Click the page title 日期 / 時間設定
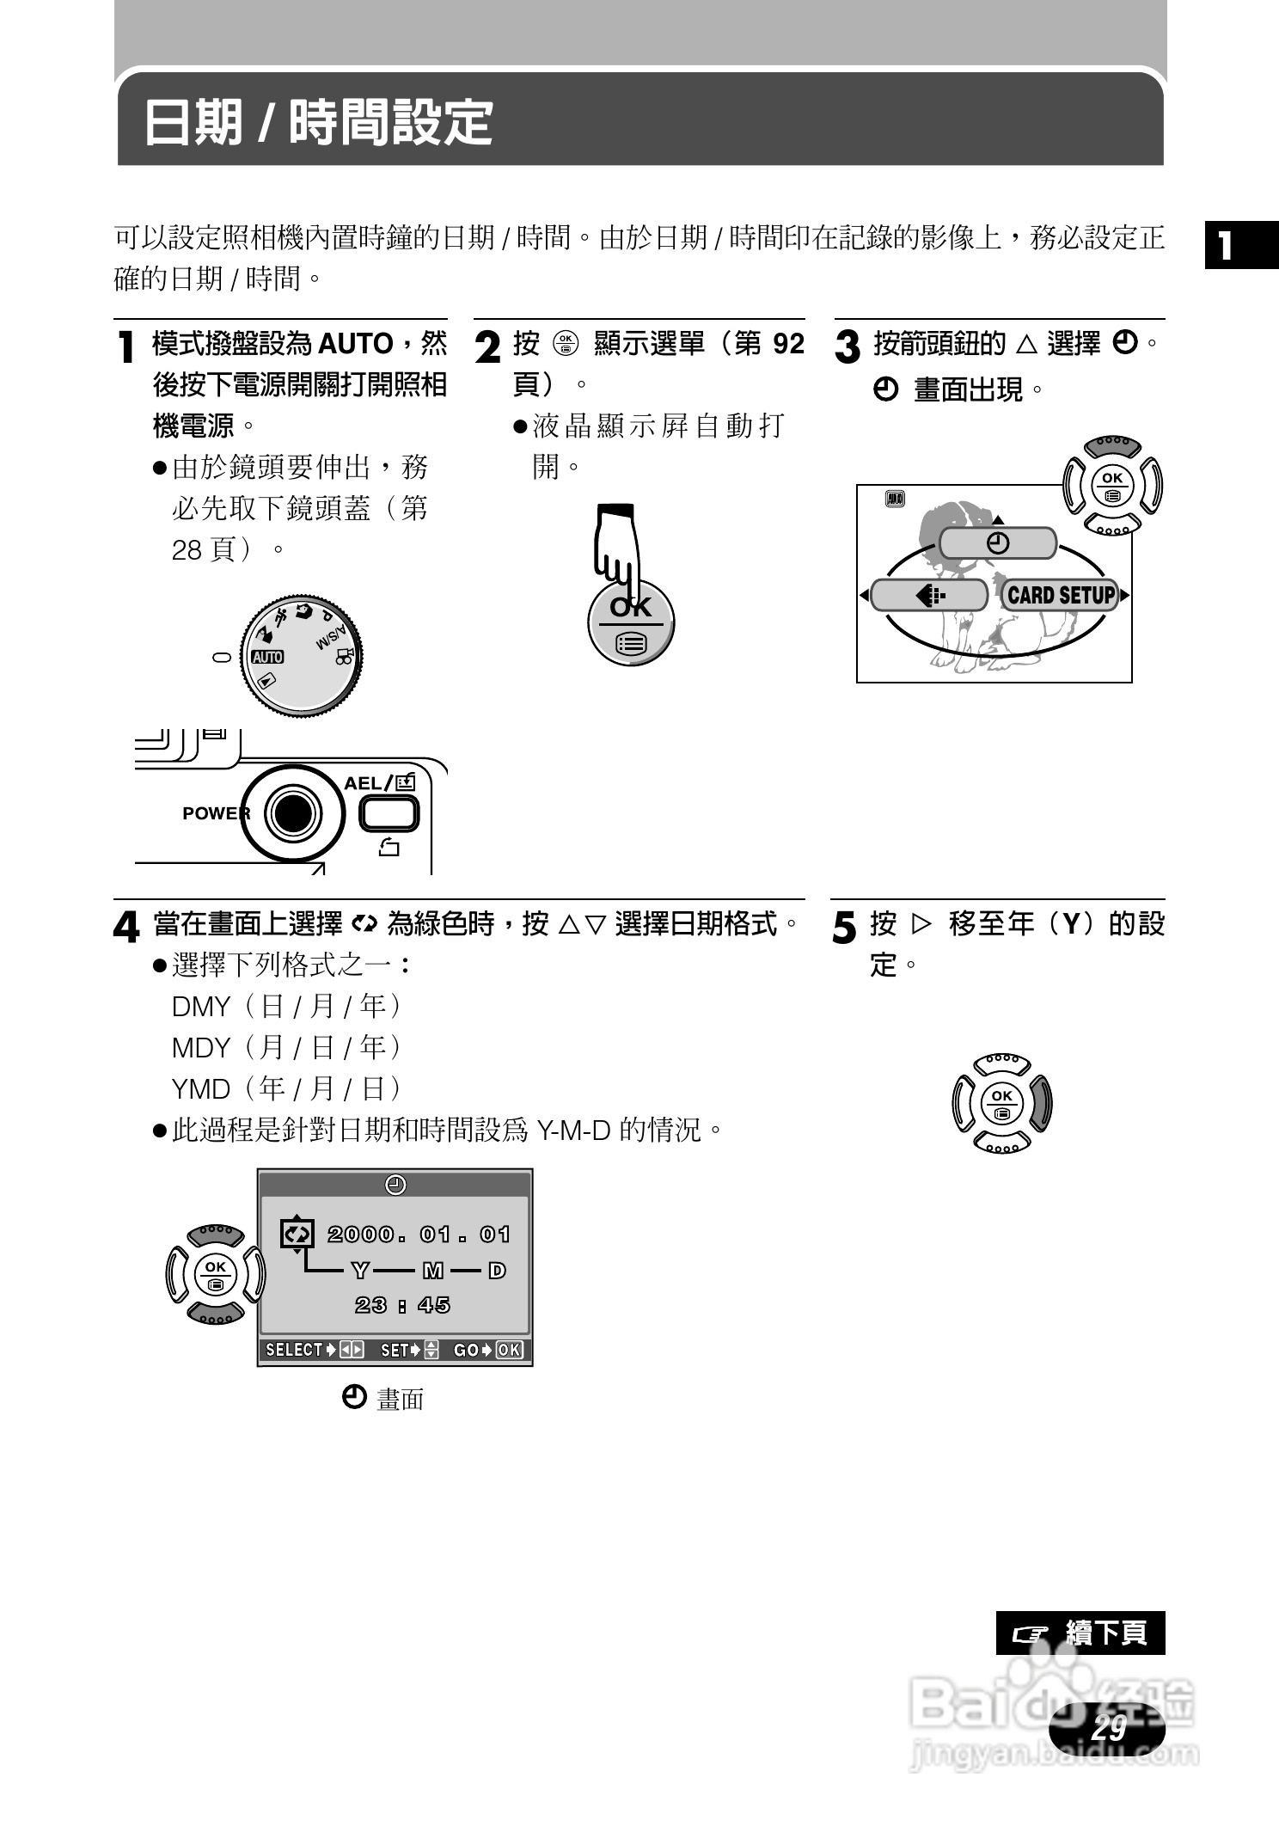point(318,122)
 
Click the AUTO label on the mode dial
point(267,657)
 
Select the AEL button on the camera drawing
point(389,813)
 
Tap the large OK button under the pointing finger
point(631,623)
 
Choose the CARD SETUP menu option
point(1061,595)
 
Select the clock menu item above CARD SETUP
point(997,543)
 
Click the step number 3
point(848,347)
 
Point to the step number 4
point(126,928)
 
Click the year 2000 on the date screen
point(360,1235)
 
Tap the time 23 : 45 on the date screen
point(402,1305)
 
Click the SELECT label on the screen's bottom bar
point(294,1350)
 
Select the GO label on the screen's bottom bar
point(466,1350)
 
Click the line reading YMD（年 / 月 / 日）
point(287,1088)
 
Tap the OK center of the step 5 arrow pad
point(1002,1103)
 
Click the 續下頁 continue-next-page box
point(1080,1633)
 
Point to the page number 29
point(1108,1727)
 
